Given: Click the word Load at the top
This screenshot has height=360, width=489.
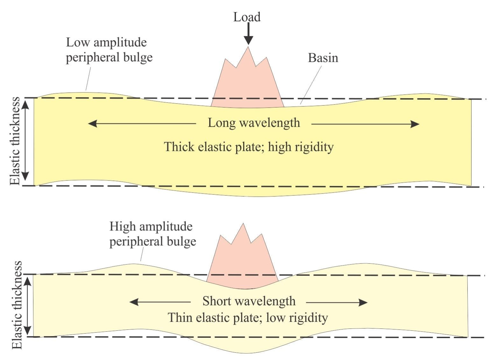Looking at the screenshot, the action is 247,17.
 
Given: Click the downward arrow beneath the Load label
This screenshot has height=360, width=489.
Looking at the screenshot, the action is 248,34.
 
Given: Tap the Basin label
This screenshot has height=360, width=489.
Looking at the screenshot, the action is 323,58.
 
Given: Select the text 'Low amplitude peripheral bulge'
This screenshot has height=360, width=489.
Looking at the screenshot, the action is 109,50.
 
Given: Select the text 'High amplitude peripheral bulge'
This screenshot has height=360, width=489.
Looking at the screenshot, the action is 152,234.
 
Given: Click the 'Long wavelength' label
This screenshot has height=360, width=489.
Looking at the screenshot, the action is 254,123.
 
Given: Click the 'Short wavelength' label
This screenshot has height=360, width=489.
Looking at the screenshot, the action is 249,301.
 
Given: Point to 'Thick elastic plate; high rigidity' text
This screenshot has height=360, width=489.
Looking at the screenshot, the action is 249,147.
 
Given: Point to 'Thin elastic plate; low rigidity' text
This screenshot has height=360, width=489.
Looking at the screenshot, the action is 248,318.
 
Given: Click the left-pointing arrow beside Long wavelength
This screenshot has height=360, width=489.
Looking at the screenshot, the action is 142,124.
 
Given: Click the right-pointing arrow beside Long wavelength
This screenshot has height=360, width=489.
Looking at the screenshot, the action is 365,124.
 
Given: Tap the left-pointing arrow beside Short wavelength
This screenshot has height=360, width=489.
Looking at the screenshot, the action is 160,302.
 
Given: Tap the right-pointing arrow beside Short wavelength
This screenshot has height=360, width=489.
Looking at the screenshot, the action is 337,303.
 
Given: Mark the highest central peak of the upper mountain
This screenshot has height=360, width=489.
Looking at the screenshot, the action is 248,47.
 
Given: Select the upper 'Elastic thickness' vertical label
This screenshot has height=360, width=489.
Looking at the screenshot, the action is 15,141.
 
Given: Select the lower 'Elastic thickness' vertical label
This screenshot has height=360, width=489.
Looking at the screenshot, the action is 17,305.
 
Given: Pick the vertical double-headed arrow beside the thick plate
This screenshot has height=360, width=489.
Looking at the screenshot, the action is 26,140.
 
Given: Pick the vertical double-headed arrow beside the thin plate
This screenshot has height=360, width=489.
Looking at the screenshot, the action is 27,306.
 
